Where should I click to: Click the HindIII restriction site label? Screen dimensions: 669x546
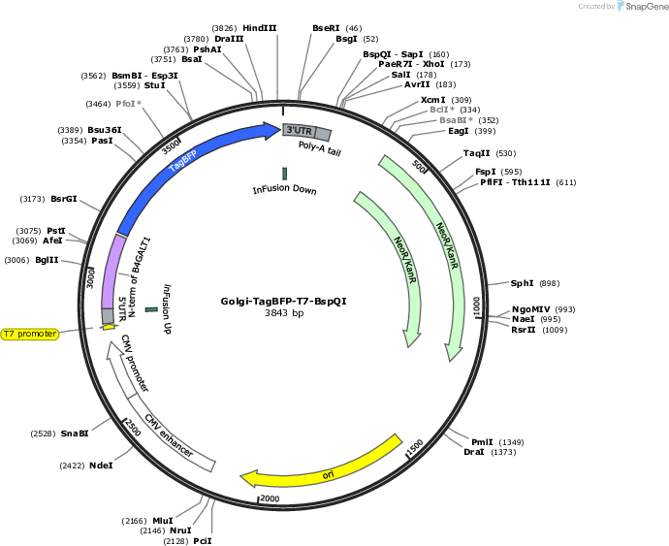click(x=260, y=28)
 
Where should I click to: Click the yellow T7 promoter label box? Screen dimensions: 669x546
click(x=30, y=334)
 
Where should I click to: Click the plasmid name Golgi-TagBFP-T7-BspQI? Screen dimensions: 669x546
click(x=284, y=301)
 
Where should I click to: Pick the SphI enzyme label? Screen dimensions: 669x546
click(x=523, y=283)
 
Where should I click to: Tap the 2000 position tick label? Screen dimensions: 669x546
click(x=270, y=498)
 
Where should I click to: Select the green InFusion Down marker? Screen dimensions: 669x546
click(x=285, y=174)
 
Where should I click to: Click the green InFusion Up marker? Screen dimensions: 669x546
click(x=151, y=309)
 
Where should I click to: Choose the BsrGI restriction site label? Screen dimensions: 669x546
click(x=64, y=199)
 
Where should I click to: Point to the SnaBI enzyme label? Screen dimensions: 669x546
click(x=75, y=434)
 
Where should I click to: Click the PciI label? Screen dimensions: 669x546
click(x=203, y=541)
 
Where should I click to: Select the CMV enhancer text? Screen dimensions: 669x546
click(x=169, y=435)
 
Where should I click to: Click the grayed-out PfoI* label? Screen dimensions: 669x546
click(x=128, y=104)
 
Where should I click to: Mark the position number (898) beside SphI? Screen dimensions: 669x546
click(x=550, y=283)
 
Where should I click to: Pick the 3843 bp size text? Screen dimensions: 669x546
click(x=284, y=312)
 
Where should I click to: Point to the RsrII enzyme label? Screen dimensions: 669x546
click(x=524, y=330)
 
